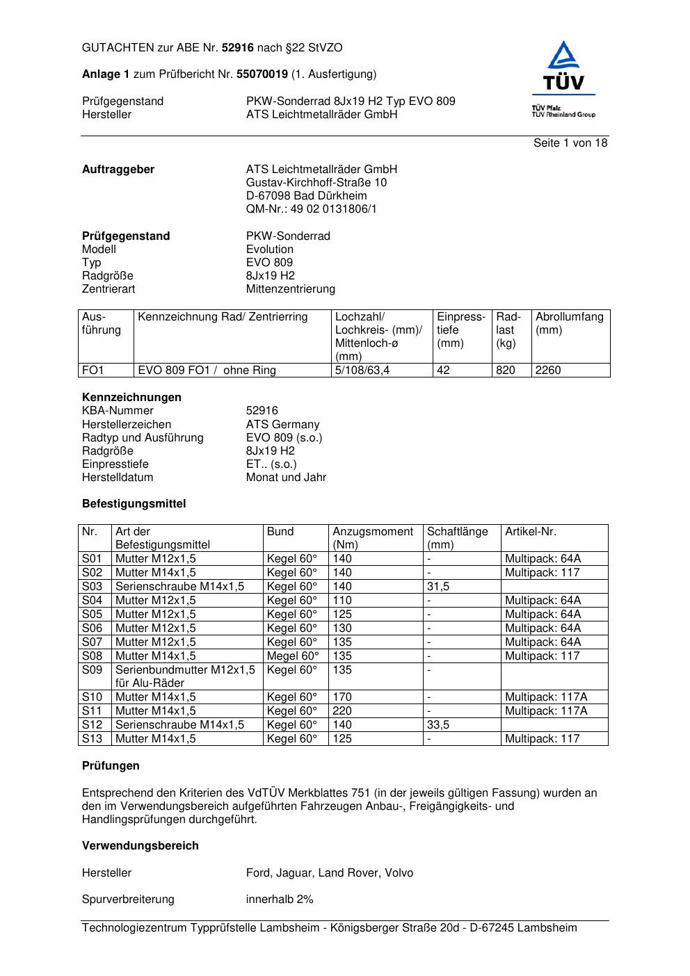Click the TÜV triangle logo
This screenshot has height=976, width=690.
coord(563,65)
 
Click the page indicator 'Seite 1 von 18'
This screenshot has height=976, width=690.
coord(570,143)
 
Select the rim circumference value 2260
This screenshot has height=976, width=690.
coord(548,371)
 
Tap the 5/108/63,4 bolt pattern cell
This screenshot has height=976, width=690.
coord(362,371)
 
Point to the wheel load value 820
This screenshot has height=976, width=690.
coord(506,371)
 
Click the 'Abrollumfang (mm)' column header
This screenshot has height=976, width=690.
coord(569,323)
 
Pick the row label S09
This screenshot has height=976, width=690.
coord(92,670)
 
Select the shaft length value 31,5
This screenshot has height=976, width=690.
coord(438,587)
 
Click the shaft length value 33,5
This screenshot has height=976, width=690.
coord(438,725)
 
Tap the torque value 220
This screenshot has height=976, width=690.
coord(342,711)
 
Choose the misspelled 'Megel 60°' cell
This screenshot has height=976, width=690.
coord(293,656)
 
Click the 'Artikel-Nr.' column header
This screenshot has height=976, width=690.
coord(531,532)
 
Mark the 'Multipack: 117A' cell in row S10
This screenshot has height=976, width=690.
coord(546,697)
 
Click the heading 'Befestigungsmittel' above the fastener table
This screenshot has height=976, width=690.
coord(134,504)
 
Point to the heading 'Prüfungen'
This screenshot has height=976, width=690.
coord(111,766)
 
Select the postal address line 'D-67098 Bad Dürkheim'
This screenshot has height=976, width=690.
coord(306,196)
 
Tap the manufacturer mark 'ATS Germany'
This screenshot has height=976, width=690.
coord(282,425)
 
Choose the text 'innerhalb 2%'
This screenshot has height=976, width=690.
coord(280,900)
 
